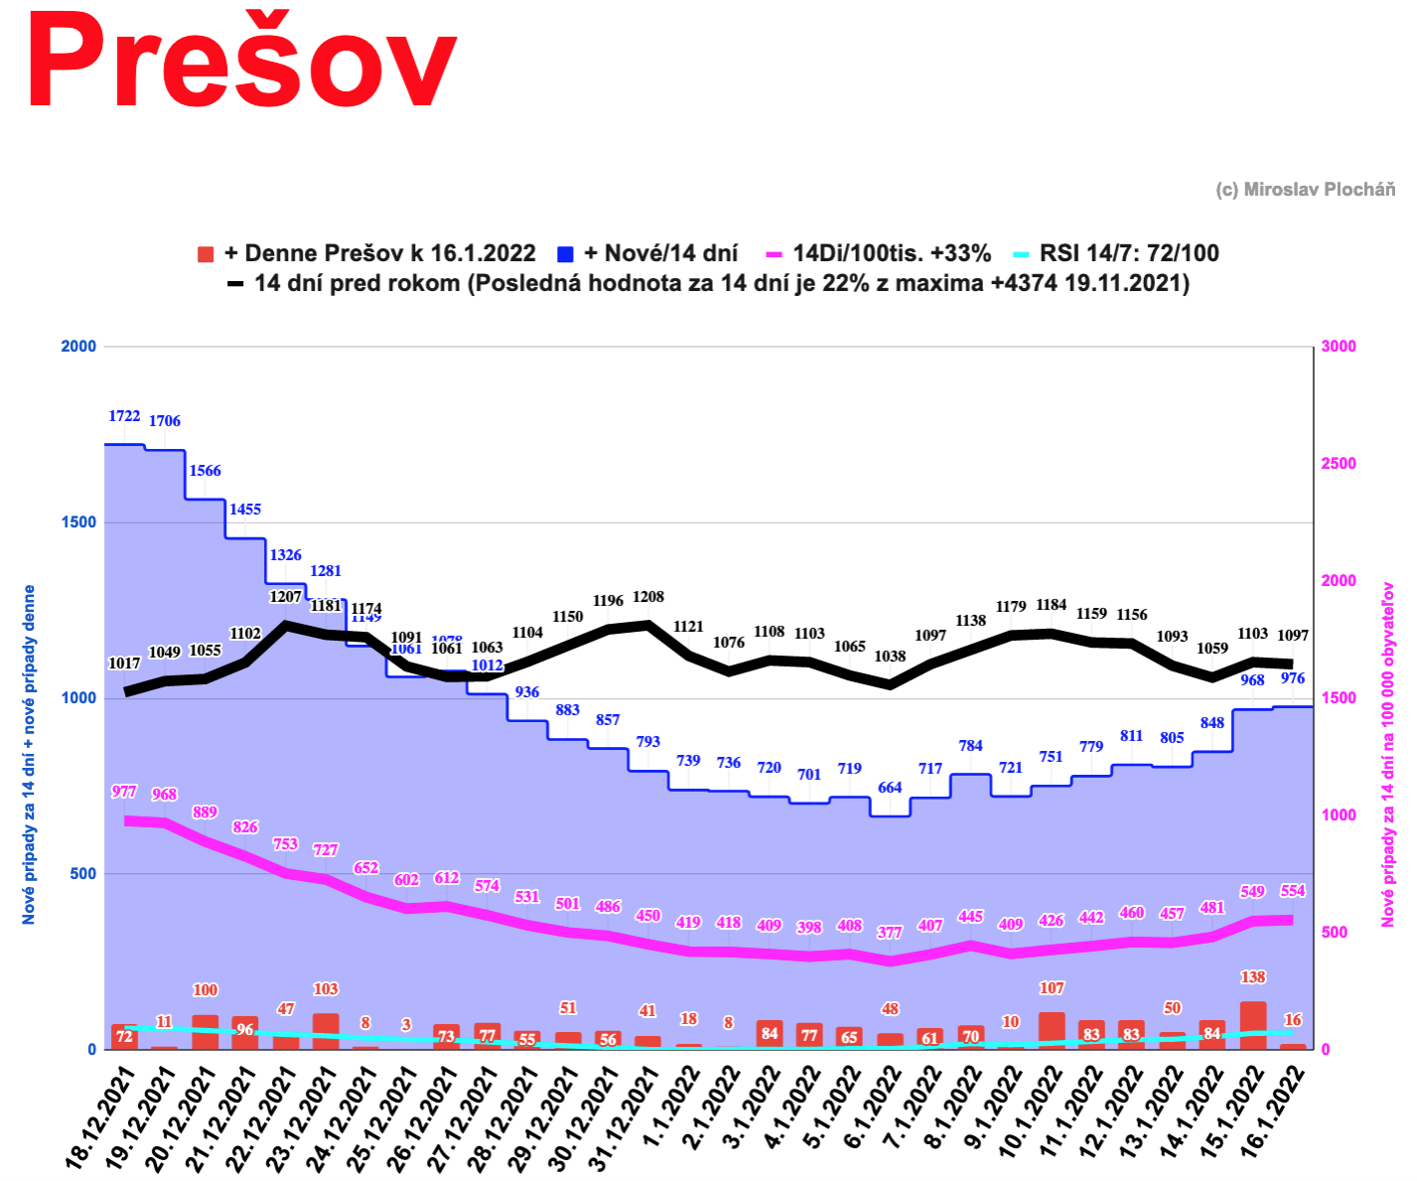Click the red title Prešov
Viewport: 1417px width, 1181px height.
(x=241, y=62)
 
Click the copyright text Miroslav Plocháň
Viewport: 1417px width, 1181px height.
(x=1305, y=190)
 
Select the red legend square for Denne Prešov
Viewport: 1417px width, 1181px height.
(x=207, y=254)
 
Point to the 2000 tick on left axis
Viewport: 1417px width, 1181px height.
(x=78, y=346)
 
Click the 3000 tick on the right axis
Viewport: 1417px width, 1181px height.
(x=1338, y=346)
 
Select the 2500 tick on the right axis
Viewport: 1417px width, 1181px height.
(x=1338, y=463)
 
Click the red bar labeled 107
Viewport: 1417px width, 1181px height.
(x=1052, y=1030)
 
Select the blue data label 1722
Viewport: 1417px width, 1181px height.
(x=124, y=416)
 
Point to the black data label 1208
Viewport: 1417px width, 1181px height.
(x=648, y=597)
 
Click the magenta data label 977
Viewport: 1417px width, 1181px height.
(x=124, y=792)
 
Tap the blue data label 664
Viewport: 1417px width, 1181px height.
(x=890, y=788)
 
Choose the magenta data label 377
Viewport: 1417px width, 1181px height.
(x=890, y=933)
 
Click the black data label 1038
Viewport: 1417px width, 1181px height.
(x=890, y=657)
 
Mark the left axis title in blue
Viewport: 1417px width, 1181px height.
(x=29, y=755)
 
